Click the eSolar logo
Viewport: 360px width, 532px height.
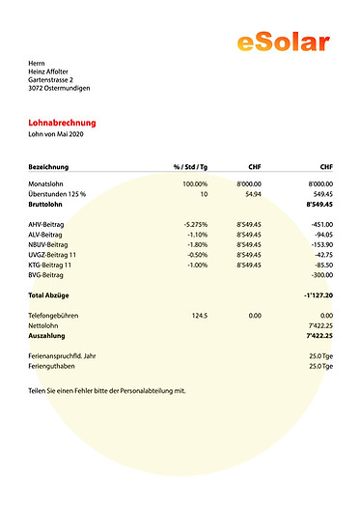pyautogui.click(x=283, y=41)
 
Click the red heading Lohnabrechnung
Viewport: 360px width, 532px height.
pyautogui.click(x=63, y=124)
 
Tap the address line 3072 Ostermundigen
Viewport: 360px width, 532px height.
pyautogui.click(x=60, y=88)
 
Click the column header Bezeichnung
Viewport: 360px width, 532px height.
pyautogui.click(x=48, y=166)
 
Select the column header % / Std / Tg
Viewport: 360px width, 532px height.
pyautogui.click(x=190, y=166)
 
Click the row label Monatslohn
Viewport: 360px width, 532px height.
pyautogui.click(x=49, y=183)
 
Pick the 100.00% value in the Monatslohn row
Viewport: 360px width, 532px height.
pyautogui.click(x=195, y=183)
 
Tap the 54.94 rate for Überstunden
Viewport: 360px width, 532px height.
pyautogui.click(x=253, y=194)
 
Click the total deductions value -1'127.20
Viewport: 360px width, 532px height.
pyautogui.click(x=317, y=294)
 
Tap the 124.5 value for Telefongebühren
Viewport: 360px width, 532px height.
pyautogui.click(x=200, y=316)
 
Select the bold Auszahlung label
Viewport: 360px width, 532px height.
pyautogui.click(x=47, y=336)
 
